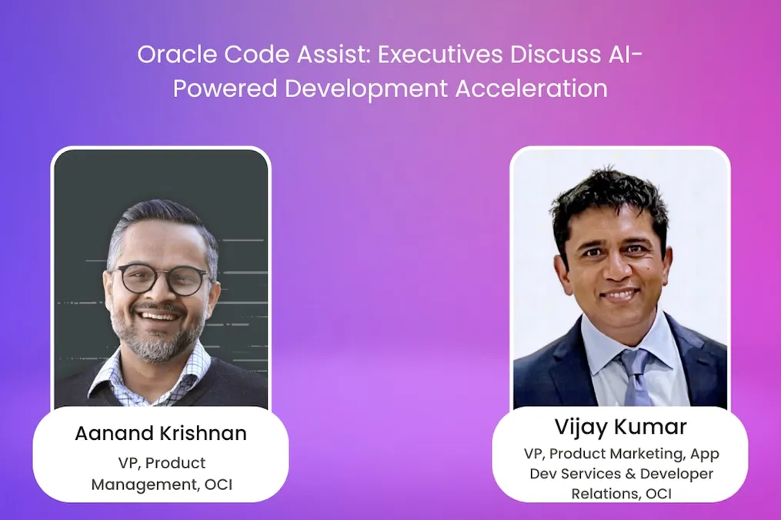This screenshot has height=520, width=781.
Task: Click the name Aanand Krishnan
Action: (161, 433)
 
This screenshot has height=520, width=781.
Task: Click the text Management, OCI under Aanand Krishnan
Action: (161, 484)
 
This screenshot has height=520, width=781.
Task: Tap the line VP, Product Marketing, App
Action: (620, 454)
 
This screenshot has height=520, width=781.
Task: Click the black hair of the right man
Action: (608, 196)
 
